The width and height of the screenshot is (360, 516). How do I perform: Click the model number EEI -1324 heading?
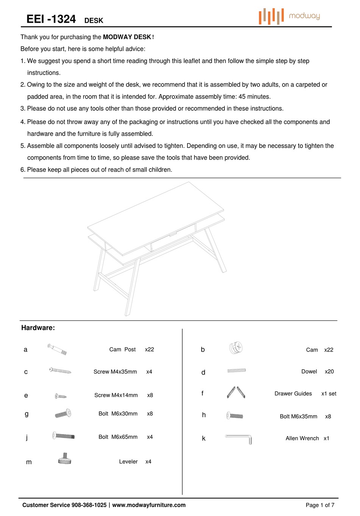click(x=51, y=19)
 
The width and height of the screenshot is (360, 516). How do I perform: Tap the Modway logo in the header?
click(x=290, y=16)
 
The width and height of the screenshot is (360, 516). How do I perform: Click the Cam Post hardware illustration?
click(x=57, y=349)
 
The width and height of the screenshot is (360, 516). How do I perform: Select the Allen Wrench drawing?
click(x=238, y=439)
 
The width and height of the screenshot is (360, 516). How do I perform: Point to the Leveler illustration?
click(x=65, y=459)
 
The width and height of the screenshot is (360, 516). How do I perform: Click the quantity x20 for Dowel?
click(x=329, y=372)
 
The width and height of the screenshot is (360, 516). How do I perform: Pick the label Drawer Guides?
click(x=293, y=394)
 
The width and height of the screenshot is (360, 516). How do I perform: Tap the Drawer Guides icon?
click(x=236, y=392)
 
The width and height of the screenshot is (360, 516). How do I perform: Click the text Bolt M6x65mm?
click(x=118, y=437)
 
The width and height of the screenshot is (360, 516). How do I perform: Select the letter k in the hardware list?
click(x=203, y=439)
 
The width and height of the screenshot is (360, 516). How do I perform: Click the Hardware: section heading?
click(x=38, y=328)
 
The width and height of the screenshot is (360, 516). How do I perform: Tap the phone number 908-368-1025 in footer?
click(x=89, y=505)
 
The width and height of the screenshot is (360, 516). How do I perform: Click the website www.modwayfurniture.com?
click(x=149, y=505)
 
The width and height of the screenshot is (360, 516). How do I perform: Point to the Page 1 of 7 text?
click(x=320, y=505)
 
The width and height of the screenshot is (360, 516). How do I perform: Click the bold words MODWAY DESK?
click(x=127, y=37)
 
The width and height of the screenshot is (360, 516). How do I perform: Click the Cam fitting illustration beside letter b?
click(x=236, y=348)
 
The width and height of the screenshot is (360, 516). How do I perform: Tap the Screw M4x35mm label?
click(x=115, y=372)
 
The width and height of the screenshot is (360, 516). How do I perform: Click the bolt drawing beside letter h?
click(x=235, y=416)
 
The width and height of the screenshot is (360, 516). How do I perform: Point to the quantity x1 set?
click(x=329, y=394)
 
